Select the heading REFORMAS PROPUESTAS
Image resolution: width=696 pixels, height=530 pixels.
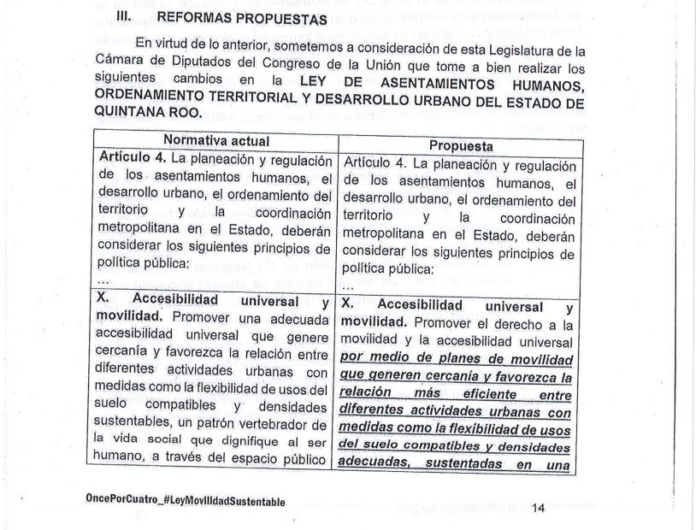(x=230, y=18)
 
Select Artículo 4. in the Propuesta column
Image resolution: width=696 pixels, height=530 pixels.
(x=374, y=162)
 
